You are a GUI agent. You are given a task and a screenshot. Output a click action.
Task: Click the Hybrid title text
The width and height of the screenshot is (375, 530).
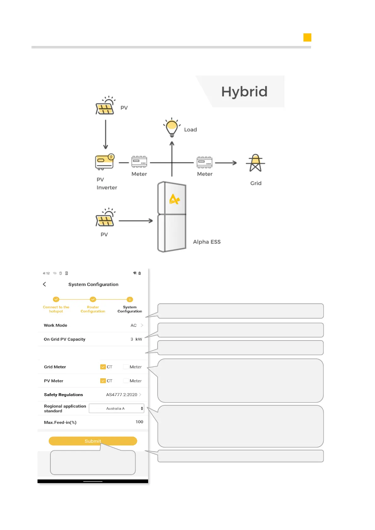click(x=244, y=92)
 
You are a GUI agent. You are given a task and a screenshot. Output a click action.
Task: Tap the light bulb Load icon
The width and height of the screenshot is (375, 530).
click(x=172, y=127)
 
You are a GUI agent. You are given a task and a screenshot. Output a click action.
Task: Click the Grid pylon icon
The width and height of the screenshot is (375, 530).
click(x=256, y=163)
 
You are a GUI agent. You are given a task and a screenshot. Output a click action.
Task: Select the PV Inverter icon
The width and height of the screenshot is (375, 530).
click(x=105, y=162)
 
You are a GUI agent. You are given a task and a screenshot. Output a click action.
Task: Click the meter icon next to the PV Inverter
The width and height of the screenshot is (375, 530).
click(x=139, y=162)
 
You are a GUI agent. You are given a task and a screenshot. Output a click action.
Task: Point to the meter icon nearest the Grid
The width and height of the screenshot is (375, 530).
click(x=205, y=162)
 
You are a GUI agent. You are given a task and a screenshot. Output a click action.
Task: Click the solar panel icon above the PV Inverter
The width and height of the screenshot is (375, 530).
click(x=105, y=105)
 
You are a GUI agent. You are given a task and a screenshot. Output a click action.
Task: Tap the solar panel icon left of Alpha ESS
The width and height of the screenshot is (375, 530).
click(x=105, y=217)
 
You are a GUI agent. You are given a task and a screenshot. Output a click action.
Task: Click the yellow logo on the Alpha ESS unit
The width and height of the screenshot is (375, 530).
click(x=174, y=199)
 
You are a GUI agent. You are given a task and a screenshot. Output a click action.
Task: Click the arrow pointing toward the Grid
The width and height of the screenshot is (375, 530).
click(x=226, y=163)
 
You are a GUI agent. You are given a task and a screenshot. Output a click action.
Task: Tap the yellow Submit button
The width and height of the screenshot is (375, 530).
click(x=93, y=441)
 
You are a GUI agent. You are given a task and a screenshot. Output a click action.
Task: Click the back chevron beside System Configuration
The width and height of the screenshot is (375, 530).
click(x=44, y=284)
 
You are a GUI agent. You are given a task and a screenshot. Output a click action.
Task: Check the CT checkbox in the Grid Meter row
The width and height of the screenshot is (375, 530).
click(x=103, y=367)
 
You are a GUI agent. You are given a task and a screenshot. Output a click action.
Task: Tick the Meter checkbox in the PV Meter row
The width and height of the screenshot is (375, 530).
click(x=126, y=381)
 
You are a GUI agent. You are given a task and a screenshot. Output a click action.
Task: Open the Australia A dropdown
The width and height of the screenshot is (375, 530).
click(x=116, y=408)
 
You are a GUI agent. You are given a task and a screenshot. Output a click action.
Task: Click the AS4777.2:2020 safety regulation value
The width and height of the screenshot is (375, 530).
click(x=122, y=395)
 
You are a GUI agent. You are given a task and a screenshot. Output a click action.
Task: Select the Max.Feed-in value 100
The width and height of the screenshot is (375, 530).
click(x=139, y=422)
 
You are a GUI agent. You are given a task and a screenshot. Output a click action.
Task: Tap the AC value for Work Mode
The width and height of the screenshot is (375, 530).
click(x=134, y=325)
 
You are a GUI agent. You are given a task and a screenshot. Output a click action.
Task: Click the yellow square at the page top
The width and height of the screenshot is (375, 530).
click(x=307, y=37)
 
